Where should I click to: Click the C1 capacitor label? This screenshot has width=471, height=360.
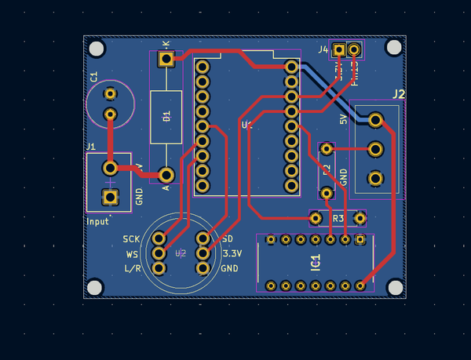93,77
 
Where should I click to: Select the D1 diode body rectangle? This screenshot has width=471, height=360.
166,117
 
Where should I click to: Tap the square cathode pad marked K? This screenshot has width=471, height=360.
166,59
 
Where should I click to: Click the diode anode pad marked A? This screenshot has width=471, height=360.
166,174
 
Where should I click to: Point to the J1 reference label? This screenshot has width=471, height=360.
90,147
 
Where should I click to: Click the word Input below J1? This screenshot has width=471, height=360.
98,221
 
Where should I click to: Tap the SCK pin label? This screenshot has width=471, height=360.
131,239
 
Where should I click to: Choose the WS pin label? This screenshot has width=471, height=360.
133,254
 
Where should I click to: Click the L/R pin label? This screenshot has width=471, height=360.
132,269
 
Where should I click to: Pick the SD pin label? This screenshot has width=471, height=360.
228,238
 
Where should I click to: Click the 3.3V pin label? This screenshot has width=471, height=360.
232,253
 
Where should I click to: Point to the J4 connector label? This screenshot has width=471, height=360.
323,49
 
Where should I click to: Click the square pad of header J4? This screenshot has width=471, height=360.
339,49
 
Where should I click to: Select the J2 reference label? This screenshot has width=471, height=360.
398,95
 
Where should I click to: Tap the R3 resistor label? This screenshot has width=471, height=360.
338,218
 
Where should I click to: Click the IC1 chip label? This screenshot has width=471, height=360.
316,262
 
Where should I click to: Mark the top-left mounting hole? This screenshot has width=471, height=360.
97,49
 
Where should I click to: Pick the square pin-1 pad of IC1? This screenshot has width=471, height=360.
360,239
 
